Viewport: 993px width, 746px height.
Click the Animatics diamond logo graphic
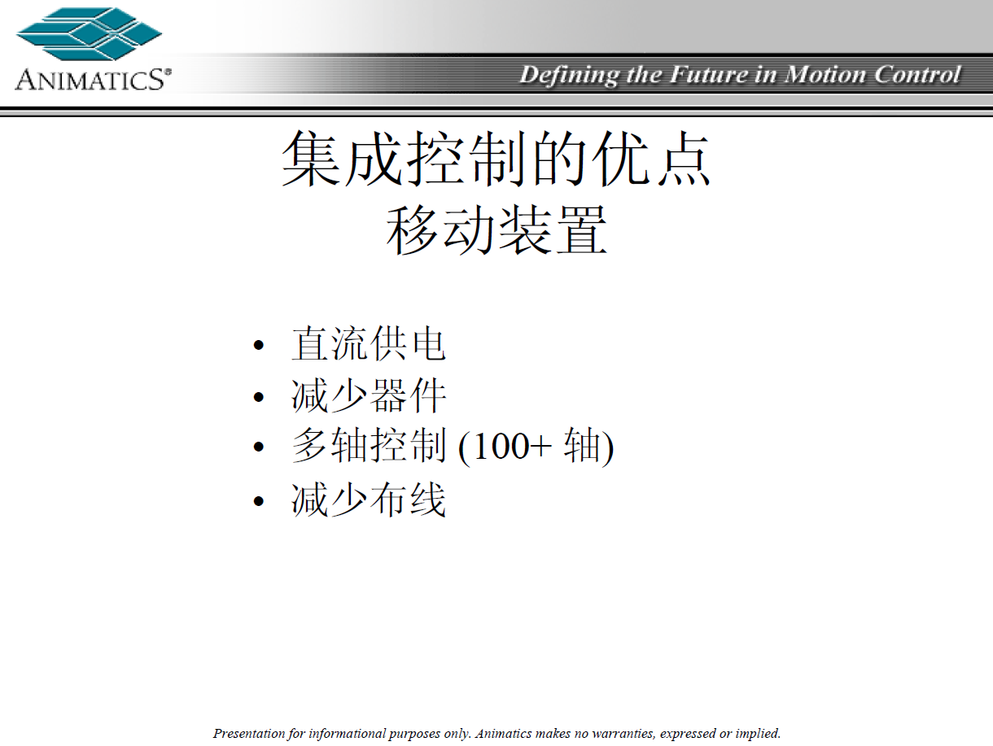89,33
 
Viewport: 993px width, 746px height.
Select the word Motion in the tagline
825,75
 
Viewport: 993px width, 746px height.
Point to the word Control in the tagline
917,75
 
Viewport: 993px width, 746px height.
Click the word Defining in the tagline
569,76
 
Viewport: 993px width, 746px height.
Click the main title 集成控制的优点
496,159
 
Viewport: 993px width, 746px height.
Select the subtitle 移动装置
496,230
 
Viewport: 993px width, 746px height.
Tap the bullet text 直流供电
369,344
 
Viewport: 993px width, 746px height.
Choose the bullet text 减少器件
369,396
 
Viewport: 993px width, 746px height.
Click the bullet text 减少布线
369,500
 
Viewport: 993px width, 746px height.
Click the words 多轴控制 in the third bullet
369,447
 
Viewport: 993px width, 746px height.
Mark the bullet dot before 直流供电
259,346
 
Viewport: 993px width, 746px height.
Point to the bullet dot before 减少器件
259,398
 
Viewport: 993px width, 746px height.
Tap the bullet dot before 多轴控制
259,447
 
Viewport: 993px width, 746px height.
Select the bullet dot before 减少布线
259,501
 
